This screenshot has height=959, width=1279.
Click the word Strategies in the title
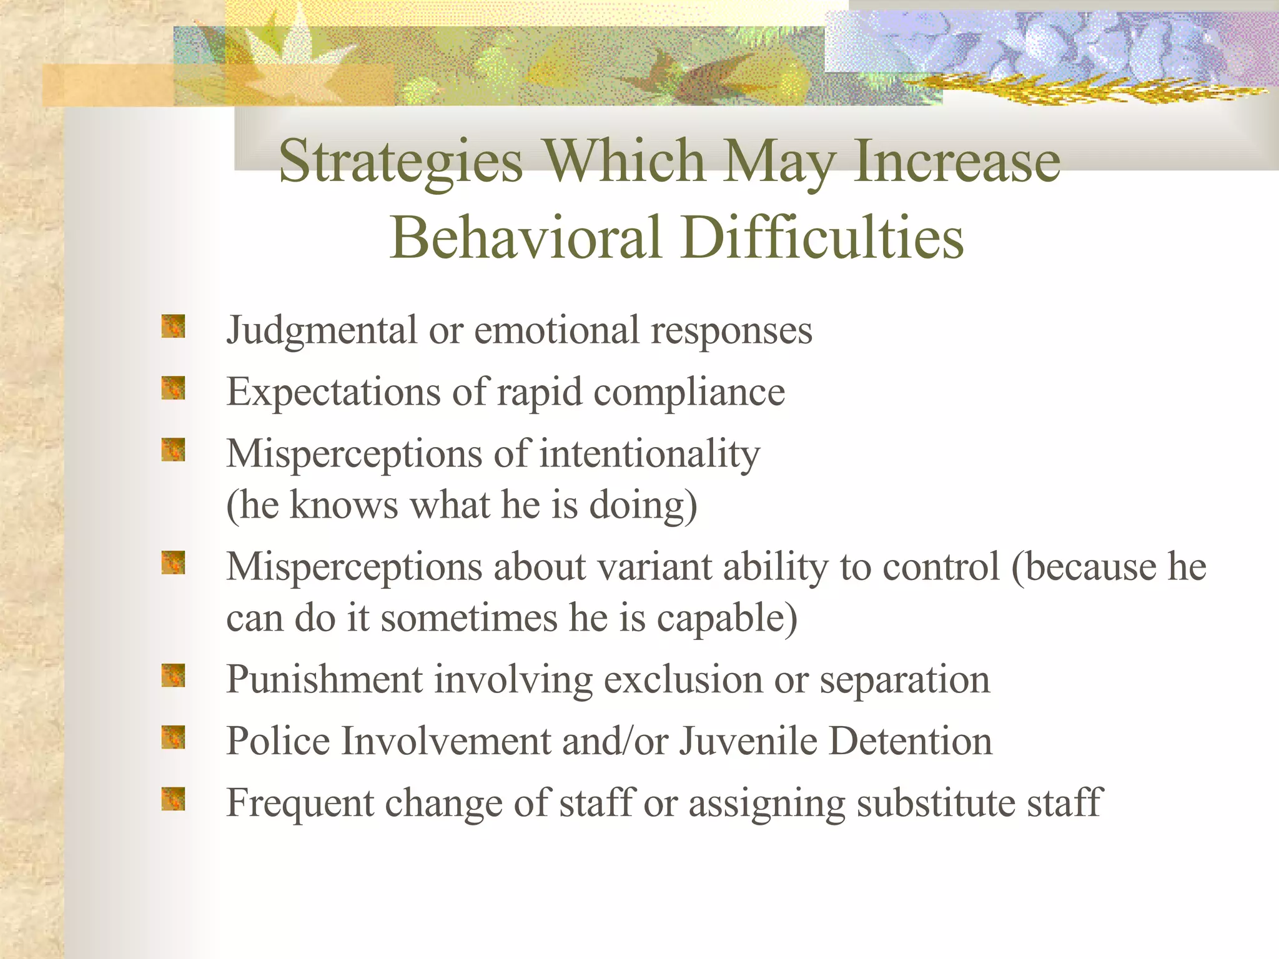[400, 162]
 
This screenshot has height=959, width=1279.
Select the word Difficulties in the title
[822, 238]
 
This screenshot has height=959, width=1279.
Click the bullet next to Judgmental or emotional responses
[173, 327]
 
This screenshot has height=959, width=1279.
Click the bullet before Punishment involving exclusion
[173, 676]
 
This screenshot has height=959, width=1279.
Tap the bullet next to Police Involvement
[173, 737]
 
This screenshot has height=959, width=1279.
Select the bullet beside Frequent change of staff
[173, 799]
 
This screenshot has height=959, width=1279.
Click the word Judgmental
[322, 331]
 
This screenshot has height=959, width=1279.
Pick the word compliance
[689, 392]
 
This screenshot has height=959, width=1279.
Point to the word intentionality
[649, 454]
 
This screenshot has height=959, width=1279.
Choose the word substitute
[936, 803]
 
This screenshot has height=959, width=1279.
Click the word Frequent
[300, 804]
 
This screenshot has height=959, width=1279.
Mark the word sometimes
[469, 618]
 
